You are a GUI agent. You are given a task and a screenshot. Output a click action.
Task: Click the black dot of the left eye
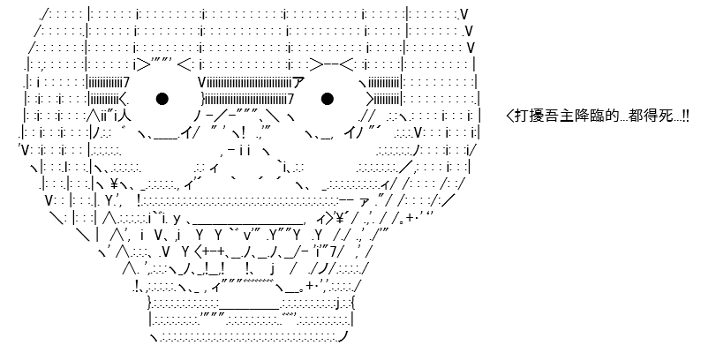(162, 99)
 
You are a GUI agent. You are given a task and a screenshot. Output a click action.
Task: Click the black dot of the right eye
(328, 99)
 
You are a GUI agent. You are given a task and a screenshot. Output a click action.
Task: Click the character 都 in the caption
(635, 116)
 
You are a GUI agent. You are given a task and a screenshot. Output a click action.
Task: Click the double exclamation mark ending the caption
(686, 116)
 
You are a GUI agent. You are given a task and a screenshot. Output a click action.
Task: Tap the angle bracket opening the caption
(510, 116)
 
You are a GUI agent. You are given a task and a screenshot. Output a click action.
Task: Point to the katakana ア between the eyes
(298, 83)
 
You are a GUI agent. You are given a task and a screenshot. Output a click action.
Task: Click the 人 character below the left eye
(125, 116)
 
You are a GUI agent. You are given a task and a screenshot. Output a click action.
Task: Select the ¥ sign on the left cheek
(114, 184)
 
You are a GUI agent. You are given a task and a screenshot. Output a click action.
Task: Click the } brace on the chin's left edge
(150, 302)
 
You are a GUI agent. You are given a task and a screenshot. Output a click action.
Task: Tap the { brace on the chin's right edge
(352, 302)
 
